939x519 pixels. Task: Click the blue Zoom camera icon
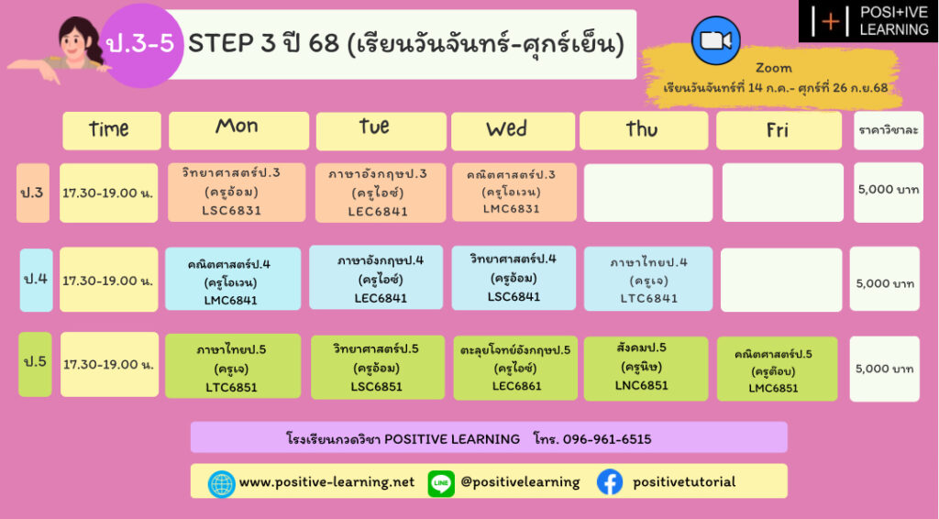click(715, 40)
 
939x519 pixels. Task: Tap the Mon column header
click(238, 130)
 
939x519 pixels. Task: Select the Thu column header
click(643, 130)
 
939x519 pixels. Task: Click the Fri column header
click(779, 130)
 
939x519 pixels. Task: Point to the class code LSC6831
click(231, 211)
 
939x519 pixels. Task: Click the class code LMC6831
click(512, 209)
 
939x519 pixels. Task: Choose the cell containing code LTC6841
click(648, 279)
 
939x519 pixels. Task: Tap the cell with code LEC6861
click(515, 368)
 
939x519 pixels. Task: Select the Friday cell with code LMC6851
click(777, 369)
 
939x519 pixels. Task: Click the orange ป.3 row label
click(32, 193)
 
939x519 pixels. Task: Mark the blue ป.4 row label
click(36, 280)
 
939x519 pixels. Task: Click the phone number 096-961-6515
click(607, 439)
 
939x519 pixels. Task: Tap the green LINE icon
click(441, 483)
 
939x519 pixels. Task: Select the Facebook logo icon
click(610, 482)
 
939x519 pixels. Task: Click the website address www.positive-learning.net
click(326, 482)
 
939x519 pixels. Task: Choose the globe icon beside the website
click(221, 483)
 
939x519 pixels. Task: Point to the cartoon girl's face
click(74, 43)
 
